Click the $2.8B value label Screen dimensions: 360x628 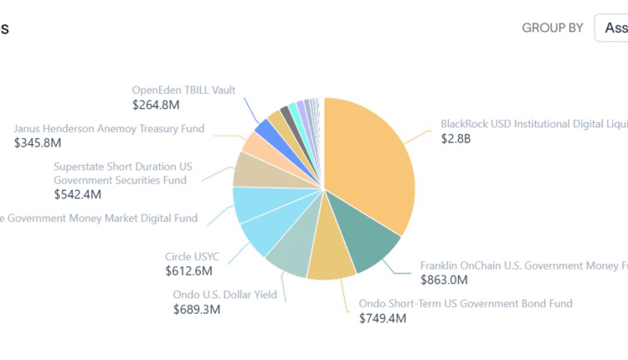(x=456, y=138)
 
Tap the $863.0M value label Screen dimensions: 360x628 (x=444, y=280)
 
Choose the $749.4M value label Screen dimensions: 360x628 (x=383, y=318)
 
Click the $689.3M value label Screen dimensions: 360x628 (x=197, y=309)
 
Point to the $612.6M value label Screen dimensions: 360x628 (x=188, y=271)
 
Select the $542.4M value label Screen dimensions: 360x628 (x=77, y=194)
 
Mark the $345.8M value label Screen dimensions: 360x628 (x=38, y=143)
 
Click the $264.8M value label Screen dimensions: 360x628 (x=156, y=105)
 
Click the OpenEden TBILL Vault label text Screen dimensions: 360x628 (x=183, y=90)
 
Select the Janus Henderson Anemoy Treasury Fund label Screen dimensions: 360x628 (x=109, y=129)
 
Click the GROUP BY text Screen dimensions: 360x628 (x=553, y=28)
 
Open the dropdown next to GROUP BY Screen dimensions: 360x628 (x=613, y=28)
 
